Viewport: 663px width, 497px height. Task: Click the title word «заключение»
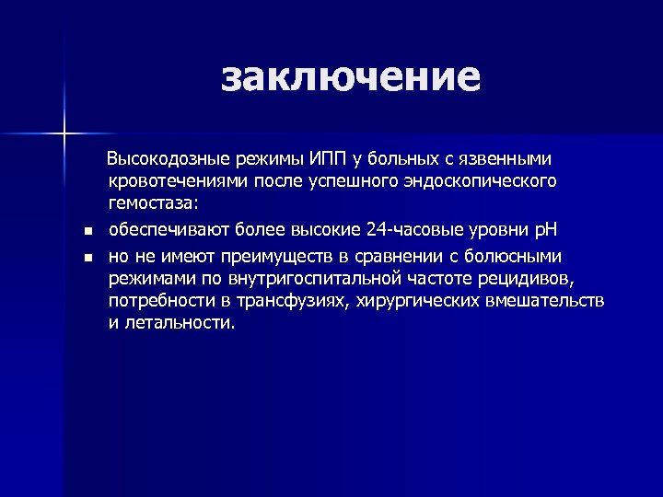pos(350,77)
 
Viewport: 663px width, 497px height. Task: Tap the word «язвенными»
pos(507,159)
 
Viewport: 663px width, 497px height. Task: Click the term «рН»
pos(548,229)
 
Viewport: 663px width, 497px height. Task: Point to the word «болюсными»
pos(515,254)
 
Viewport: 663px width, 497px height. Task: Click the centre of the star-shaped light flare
pos(65,134)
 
